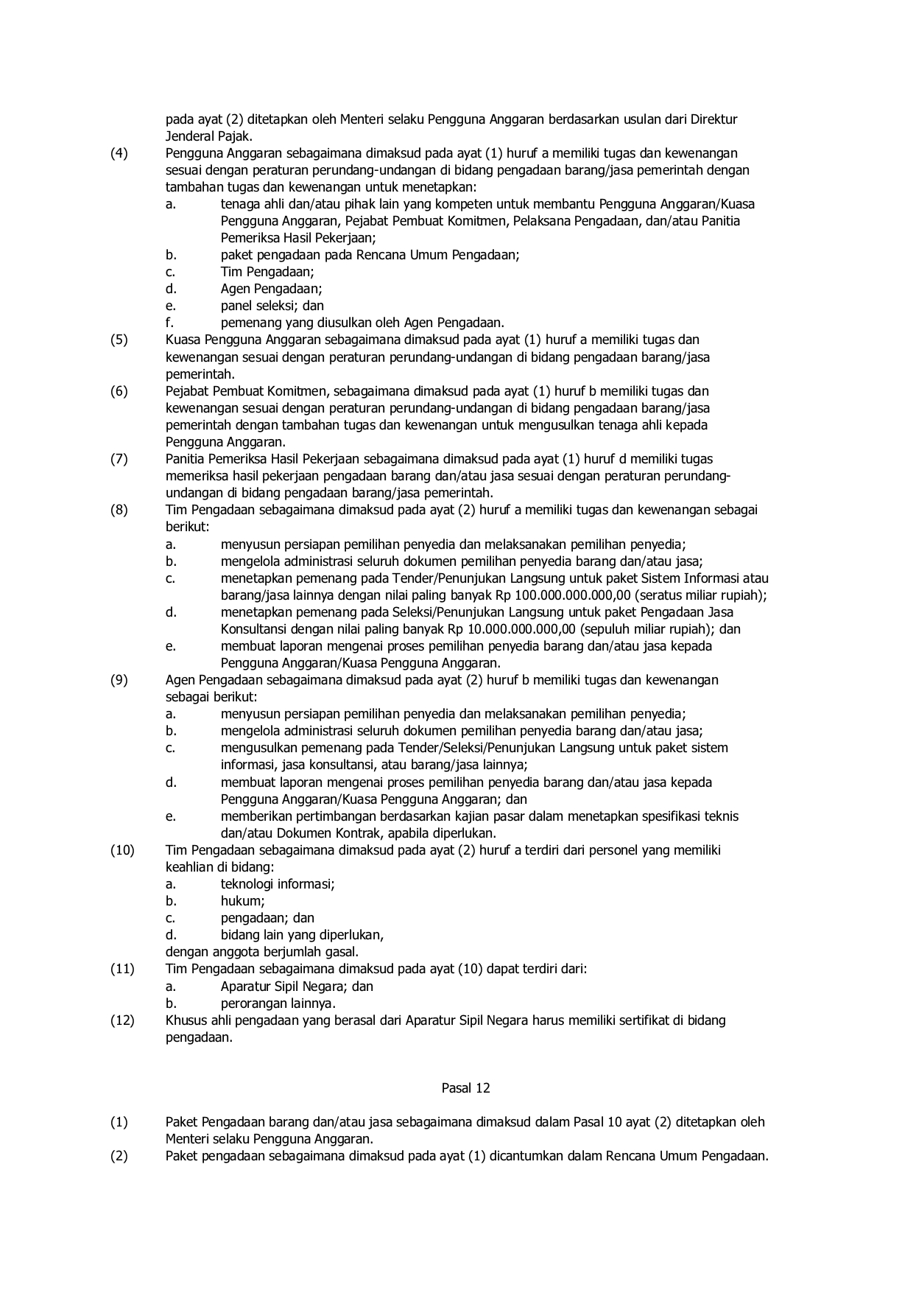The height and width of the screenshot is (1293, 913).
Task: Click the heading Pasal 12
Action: pyautogui.click(x=465, y=1087)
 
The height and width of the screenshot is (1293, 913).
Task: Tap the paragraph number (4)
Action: pyautogui.click(x=119, y=153)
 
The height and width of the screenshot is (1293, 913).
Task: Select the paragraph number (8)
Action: pyautogui.click(x=119, y=510)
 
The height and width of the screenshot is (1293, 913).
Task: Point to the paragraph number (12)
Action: pyautogui.click(x=122, y=1020)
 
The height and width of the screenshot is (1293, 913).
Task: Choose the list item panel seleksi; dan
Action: pyautogui.click(x=272, y=306)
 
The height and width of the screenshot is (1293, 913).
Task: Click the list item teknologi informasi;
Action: pyautogui.click(x=278, y=884)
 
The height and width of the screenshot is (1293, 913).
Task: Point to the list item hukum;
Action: pyautogui.click(x=242, y=901)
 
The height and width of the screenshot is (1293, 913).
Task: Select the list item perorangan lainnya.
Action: pyautogui.click(x=278, y=1003)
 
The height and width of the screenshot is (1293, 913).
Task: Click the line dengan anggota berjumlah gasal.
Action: pyautogui.click(x=261, y=952)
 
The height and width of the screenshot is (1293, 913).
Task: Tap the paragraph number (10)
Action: pyautogui.click(x=122, y=850)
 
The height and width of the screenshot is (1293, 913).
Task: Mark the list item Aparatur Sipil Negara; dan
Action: pyautogui.click(x=297, y=987)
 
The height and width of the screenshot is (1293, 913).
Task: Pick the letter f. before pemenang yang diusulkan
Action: pyautogui.click(x=169, y=323)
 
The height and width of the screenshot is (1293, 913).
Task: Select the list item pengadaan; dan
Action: pyautogui.click(x=267, y=918)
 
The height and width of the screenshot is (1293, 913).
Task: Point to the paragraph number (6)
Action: pyautogui.click(x=119, y=391)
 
